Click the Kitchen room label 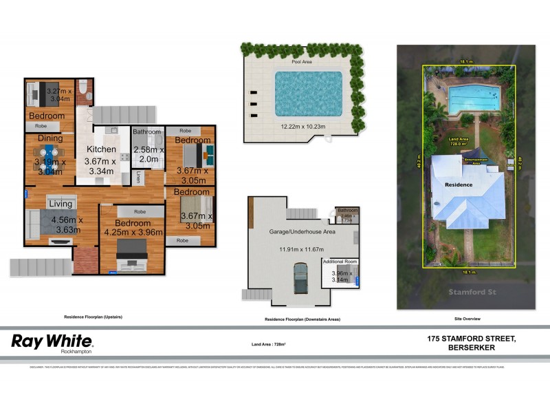pyautogui.click(x=100, y=149)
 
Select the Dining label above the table pyautogui.click(x=50, y=138)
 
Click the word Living pyautogui.click(x=60, y=204)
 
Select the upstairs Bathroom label pyautogui.click(x=146, y=131)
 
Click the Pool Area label pyautogui.click(x=302, y=62)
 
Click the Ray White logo pyautogui.click(x=52, y=342)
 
